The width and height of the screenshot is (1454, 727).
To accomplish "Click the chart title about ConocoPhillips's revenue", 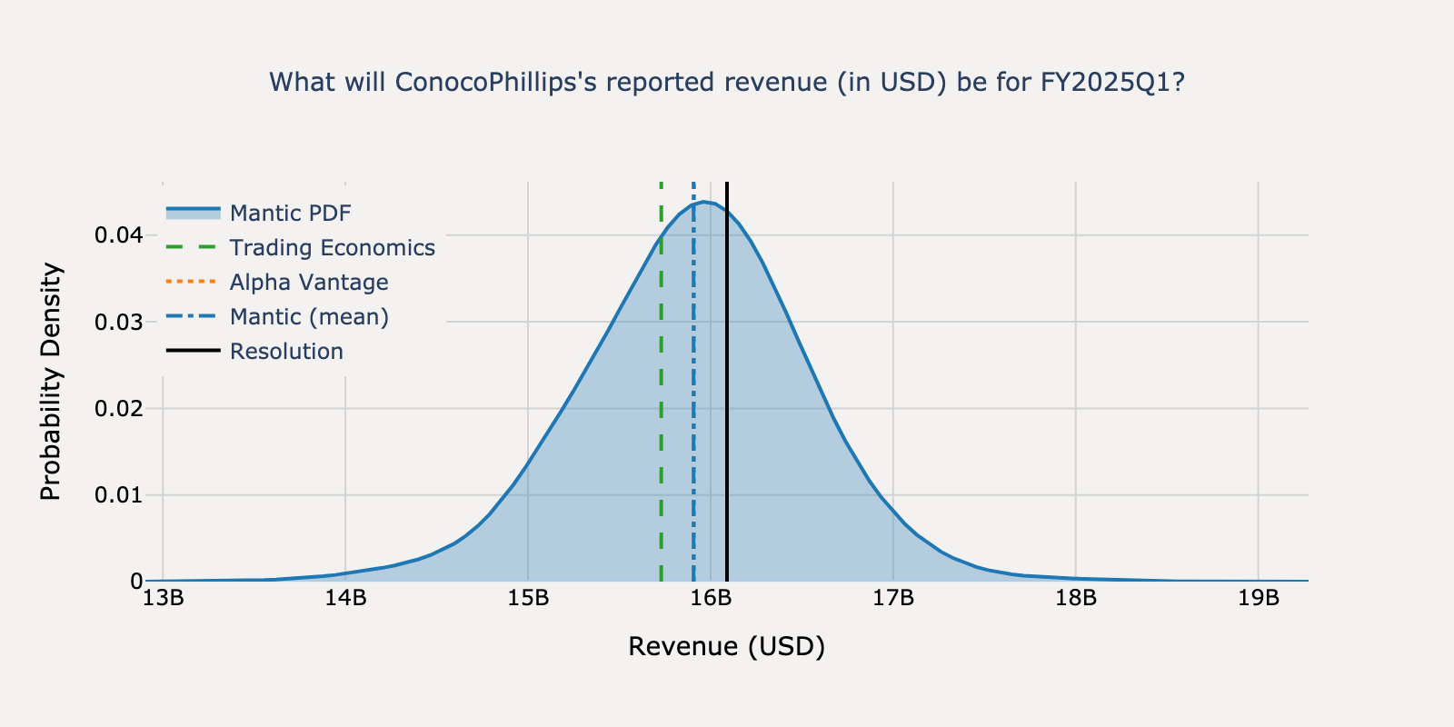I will point(727,83).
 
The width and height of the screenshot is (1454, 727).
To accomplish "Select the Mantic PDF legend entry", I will point(290,214).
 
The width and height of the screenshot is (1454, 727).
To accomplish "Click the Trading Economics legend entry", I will point(332,248).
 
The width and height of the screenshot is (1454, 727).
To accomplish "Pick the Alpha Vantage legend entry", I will point(308,283).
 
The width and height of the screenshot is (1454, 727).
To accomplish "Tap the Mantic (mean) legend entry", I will point(308,317).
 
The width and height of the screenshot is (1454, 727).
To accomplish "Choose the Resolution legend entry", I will point(286,352).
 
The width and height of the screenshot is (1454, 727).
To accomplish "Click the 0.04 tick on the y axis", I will point(119,235).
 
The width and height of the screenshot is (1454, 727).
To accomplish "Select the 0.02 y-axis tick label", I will point(119,408).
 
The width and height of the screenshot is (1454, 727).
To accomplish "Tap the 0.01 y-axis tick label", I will point(119,495).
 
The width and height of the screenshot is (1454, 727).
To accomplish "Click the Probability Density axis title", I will point(51,382).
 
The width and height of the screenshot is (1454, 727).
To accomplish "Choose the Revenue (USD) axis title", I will point(727,647).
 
